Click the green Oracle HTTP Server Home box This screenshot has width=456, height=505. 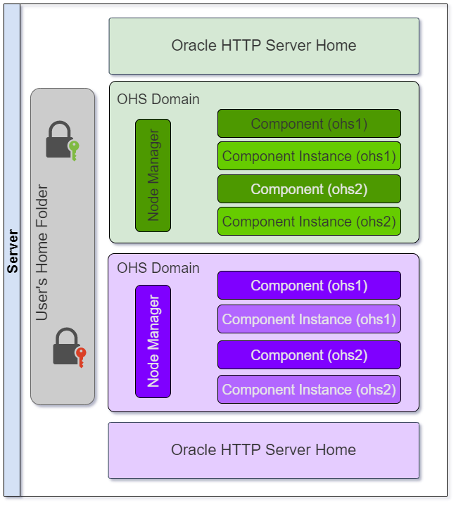click(265, 46)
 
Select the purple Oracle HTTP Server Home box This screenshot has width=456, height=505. click(265, 450)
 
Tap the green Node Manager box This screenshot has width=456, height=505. click(153, 176)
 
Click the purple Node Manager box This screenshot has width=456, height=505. click(153, 341)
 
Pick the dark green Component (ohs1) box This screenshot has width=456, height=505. click(309, 124)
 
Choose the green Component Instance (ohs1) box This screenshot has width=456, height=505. click(309, 156)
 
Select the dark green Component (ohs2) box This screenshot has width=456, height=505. click(309, 189)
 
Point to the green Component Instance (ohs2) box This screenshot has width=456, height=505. click(309, 222)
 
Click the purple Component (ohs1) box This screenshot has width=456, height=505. click(309, 286)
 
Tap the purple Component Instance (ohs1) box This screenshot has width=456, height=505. click(309, 319)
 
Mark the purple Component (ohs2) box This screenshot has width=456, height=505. click(309, 355)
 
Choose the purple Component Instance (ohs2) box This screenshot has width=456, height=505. click(309, 390)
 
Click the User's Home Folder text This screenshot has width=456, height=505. click(42, 253)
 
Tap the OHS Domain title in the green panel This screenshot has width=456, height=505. click(158, 99)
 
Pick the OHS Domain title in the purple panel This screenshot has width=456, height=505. click(158, 268)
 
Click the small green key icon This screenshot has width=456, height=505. click(73, 150)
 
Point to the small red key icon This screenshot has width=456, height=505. click(80, 357)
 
